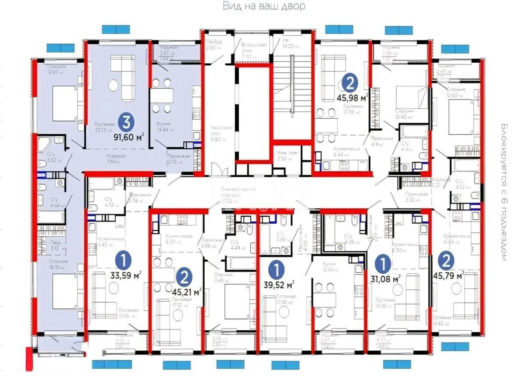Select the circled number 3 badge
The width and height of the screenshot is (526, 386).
[x=125, y=123]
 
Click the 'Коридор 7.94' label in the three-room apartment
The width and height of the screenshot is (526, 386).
[x=116, y=158]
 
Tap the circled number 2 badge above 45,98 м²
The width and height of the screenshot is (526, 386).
[x=351, y=82]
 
